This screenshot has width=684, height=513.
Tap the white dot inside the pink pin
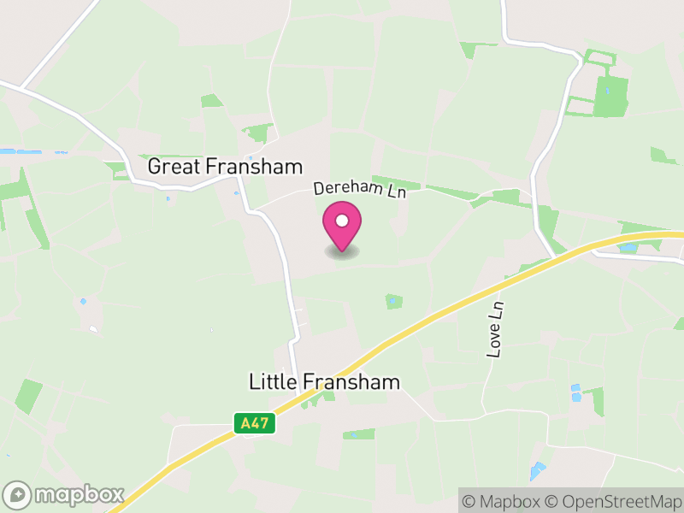click(x=342, y=221)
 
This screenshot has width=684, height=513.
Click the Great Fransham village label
click(x=226, y=166)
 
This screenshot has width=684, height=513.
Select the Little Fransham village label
click(x=324, y=381)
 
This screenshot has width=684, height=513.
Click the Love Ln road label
click(x=496, y=329)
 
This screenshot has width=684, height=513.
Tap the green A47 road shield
click(x=255, y=423)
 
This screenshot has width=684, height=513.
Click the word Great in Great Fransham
click(x=171, y=166)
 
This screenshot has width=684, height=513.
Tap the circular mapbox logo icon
click(x=18, y=495)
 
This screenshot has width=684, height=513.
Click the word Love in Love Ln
click(x=495, y=338)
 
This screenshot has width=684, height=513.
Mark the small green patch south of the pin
click(x=393, y=301)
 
